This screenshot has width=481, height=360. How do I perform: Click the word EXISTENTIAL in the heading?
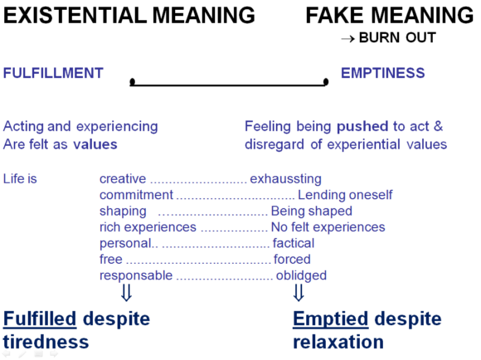pos(75,15)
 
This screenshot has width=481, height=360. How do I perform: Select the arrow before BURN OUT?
pos(347,39)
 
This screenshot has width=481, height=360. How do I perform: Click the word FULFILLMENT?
pos(53,73)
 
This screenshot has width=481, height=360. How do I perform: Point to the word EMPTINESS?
pos(383,73)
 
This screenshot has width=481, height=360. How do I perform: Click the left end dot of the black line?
pos(133,81)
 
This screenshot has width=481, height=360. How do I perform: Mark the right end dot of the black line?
pos(326,81)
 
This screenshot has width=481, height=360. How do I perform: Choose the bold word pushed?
pos(362,127)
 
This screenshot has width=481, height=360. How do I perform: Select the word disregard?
pos(275,144)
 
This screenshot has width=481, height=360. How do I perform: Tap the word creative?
pos(123,178)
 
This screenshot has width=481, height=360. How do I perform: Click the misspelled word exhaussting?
pos(285,179)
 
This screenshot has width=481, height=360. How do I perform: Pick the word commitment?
pos(136,195)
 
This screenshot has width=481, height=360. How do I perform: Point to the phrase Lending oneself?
pos(345,195)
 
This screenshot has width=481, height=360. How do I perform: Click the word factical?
pos(294,243)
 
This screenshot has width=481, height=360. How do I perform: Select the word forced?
pos(292,260)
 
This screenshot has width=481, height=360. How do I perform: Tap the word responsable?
pos(136,275)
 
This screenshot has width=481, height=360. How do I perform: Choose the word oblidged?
pos(301,275)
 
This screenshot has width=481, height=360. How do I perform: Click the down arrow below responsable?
pos(126,293)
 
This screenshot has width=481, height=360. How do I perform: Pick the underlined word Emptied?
pos(330,319)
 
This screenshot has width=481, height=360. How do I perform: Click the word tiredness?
pos(46,342)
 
